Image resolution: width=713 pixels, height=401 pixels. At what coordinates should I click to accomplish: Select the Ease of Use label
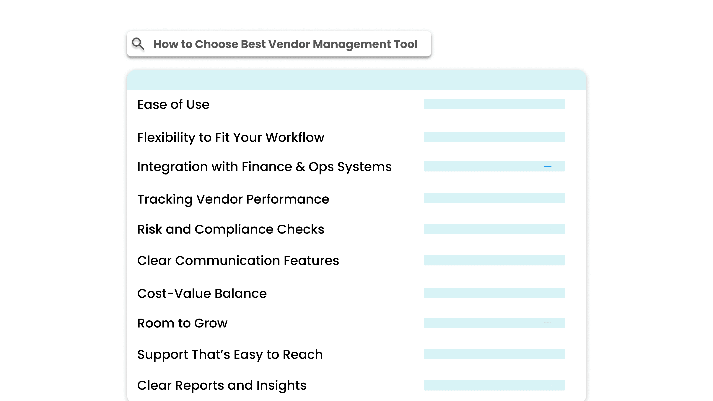(173, 105)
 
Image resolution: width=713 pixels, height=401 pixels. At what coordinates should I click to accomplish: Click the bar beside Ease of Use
(494, 104)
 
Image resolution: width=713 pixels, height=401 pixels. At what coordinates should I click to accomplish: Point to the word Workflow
(295, 138)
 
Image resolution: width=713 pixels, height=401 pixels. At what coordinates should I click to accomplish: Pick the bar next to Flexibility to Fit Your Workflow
(494, 137)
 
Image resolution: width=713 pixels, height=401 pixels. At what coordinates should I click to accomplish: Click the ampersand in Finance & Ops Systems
(300, 167)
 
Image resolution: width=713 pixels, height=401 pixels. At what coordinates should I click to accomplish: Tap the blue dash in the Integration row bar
(548, 167)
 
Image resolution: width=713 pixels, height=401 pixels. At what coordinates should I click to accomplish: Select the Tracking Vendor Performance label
(233, 199)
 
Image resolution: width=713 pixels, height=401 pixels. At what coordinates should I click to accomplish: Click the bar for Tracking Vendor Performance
(494, 198)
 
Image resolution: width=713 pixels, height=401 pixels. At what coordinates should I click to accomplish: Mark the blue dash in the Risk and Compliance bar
(548, 229)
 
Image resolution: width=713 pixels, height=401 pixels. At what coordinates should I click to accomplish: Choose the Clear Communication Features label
(238, 261)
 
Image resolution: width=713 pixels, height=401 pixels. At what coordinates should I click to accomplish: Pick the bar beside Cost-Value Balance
(494, 293)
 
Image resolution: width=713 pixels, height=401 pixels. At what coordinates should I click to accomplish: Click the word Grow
(211, 323)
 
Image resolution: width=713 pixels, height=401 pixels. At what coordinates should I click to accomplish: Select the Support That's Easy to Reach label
(230, 355)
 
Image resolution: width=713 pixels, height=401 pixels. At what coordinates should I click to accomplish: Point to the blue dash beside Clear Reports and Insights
(548, 385)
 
